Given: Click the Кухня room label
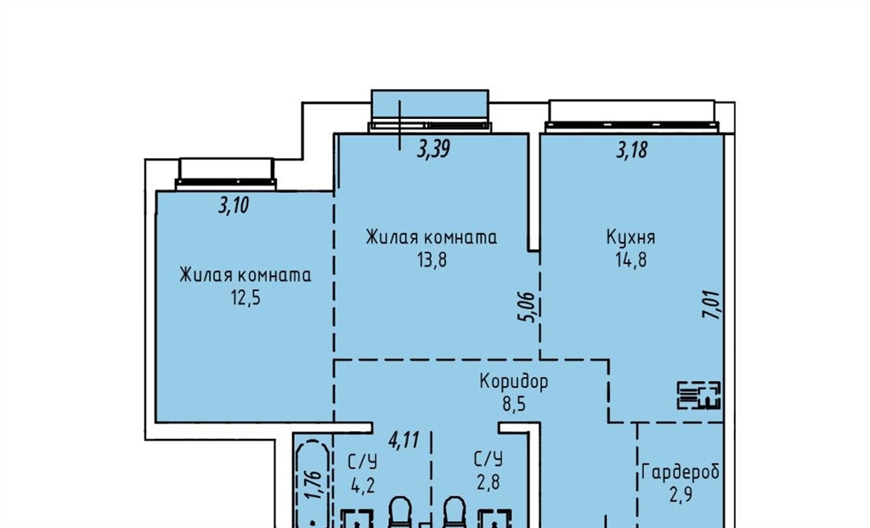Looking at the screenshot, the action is click(x=630, y=237).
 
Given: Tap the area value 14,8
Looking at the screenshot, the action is click(x=631, y=259).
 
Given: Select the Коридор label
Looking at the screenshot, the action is click(x=514, y=382).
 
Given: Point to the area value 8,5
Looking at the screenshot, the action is click(x=514, y=404).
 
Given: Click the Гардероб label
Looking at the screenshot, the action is click(x=681, y=472).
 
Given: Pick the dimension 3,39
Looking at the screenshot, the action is click(x=433, y=149).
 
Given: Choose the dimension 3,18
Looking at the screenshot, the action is click(x=631, y=150).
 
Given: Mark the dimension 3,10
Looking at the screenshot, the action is click(x=234, y=206).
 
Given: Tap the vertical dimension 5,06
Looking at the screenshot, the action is click(x=528, y=307).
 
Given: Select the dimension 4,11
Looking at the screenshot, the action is click(x=404, y=440).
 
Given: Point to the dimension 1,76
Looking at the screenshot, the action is click(x=314, y=485).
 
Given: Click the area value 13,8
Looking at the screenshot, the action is click(x=432, y=259).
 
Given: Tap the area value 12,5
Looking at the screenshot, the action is click(x=246, y=298).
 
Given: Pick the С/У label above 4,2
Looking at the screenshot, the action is click(x=362, y=462).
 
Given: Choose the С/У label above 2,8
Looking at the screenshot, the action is click(x=489, y=459).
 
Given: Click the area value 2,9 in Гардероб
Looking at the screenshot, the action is click(x=681, y=494).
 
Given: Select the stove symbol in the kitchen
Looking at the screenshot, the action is click(x=698, y=395).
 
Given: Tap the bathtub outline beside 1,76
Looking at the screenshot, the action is click(x=313, y=483).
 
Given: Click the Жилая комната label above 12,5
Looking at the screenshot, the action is click(x=246, y=275).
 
